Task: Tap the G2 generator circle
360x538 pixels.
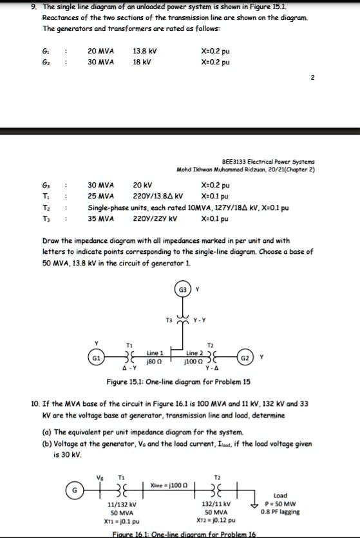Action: (x=245, y=356)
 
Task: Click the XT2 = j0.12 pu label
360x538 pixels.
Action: (x=216, y=520)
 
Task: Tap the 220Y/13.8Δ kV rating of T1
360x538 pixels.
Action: (x=158, y=196)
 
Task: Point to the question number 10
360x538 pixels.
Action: (x=36, y=403)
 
